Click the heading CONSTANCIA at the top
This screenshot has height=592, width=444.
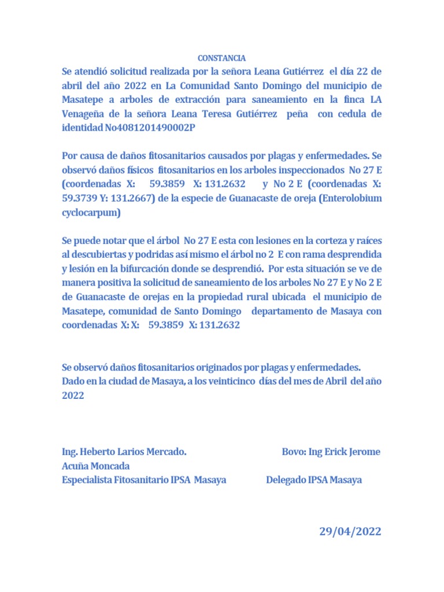(221, 58)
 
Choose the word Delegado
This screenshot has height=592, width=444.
(286, 480)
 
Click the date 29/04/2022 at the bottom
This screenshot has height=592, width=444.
(350, 532)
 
